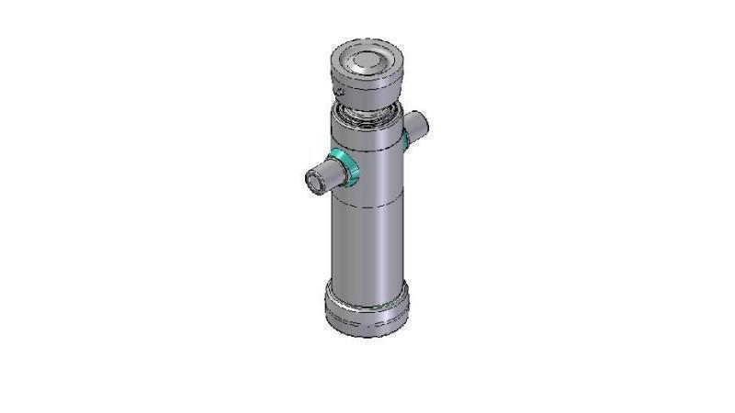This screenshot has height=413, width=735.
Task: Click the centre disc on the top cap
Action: click(x=365, y=61)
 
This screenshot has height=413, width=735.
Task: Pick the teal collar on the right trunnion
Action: click(x=404, y=138)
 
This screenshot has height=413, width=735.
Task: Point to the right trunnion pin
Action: click(x=417, y=123)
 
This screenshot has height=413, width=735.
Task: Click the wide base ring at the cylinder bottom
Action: click(x=367, y=312)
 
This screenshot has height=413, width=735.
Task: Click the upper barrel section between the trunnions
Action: click(x=372, y=165)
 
